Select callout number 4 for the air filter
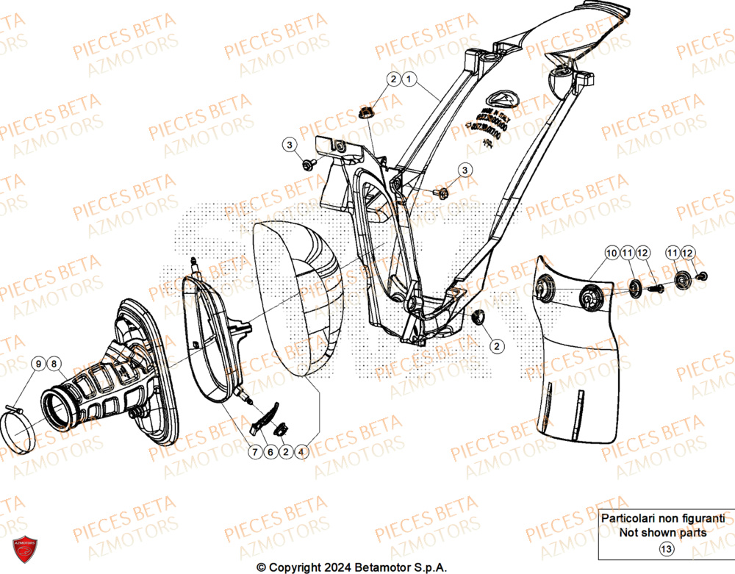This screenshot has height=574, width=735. pyautogui.click(x=301, y=453)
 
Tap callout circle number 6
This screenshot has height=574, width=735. pyautogui.click(x=270, y=453)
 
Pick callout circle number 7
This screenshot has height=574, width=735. pyautogui.click(x=254, y=453)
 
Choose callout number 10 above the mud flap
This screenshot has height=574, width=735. pyautogui.click(x=612, y=254)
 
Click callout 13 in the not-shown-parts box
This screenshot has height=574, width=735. pyautogui.click(x=666, y=548)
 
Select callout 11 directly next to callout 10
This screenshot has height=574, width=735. pyautogui.click(x=628, y=254)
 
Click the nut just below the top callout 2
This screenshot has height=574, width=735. pyautogui.click(x=365, y=112)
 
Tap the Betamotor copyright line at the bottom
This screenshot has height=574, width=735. pyautogui.click(x=351, y=567)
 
